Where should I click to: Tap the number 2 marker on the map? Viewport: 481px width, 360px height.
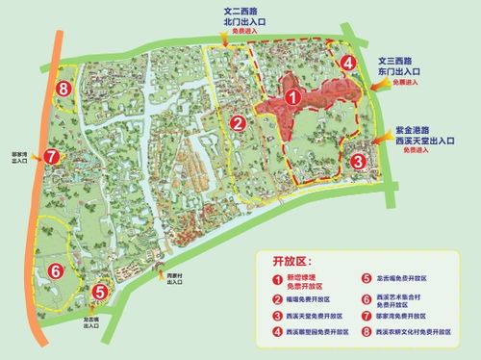coord(237,123)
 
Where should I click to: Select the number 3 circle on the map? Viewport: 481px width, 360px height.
coord(357,161)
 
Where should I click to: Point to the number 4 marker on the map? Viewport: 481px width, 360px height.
coord(347,63)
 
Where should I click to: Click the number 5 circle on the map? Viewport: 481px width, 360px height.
coord(100,291)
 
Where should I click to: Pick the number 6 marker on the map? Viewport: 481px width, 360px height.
coord(58,270)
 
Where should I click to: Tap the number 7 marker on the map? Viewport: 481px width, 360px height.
coord(52,156)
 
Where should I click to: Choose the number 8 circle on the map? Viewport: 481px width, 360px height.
coord(63,90)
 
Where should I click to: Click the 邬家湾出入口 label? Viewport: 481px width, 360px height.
coord(17,156)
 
